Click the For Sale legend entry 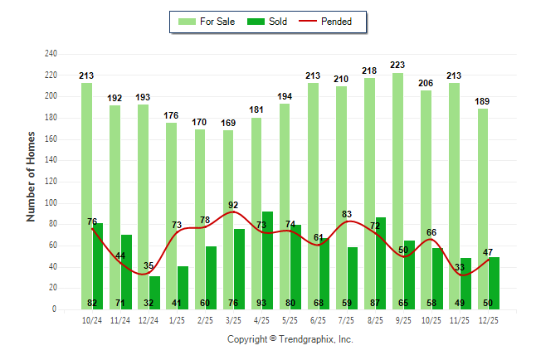click(x=207, y=22)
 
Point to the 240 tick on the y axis click(x=51, y=54)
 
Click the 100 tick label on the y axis click(x=51, y=203)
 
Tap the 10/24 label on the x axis click(x=92, y=319)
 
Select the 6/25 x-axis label click(x=319, y=319)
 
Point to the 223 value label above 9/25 click(x=397, y=65)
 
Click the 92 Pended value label click(x=233, y=205)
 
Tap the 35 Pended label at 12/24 click(x=149, y=265)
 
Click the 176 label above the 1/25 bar click(x=171, y=115)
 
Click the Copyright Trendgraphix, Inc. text click(x=290, y=339)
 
